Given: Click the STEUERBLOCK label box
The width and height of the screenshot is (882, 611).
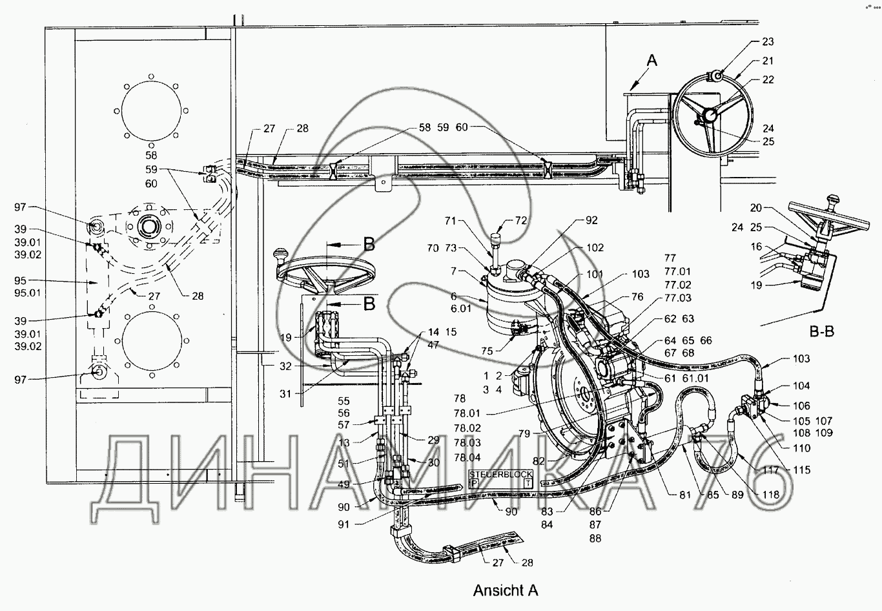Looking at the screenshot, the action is [x=501, y=479].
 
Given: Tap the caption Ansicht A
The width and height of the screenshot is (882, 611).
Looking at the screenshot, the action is [x=506, y=590].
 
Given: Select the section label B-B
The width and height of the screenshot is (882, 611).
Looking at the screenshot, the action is [x=822, y=332].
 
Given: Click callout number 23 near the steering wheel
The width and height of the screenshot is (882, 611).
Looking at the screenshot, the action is [x=768, y=41].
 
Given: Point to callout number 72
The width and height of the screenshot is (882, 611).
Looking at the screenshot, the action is [x=520, y=221].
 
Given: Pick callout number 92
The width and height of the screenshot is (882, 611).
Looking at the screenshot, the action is [x=591, y=220].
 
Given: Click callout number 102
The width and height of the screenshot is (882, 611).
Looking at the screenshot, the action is [x=595, y=247].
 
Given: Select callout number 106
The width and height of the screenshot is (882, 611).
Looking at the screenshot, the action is [x=801, y=406].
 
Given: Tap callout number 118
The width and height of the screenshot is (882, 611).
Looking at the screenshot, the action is [x=770, y=495].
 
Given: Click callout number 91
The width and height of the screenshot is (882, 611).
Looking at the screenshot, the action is [x=344, y=524].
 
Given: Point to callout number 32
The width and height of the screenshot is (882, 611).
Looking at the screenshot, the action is [x=285, y=366].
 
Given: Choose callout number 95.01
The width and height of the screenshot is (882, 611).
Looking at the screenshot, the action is [x=28, y=293].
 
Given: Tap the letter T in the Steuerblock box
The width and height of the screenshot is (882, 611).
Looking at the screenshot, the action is [x=528, y=483].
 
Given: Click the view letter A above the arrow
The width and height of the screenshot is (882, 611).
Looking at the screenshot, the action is [x=652, y=61].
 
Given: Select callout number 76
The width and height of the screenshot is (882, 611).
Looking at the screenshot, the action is [x=637, y=296].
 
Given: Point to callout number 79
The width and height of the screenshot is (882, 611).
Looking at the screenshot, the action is [x=524, y=434].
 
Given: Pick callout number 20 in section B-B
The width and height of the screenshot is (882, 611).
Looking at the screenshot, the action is [x=756, y=207].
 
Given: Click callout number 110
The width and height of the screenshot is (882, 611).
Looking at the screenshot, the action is [x=802, y=448].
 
